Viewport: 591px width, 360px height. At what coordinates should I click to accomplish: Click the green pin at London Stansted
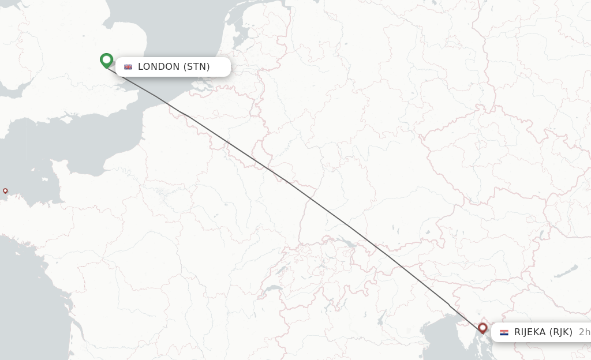(106, 59)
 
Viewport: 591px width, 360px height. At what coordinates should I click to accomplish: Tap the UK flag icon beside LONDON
(128, 67)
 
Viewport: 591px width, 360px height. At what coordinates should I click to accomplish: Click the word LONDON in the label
(159, 67)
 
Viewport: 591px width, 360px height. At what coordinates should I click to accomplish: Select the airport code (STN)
(197, 67)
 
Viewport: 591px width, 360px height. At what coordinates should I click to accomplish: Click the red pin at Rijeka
(482, 328)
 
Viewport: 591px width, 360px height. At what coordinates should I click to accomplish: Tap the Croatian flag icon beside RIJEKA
(504, 332)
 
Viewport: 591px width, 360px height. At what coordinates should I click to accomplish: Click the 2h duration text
(584, 332)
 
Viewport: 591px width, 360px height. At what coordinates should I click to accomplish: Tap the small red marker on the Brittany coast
(5, 190)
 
